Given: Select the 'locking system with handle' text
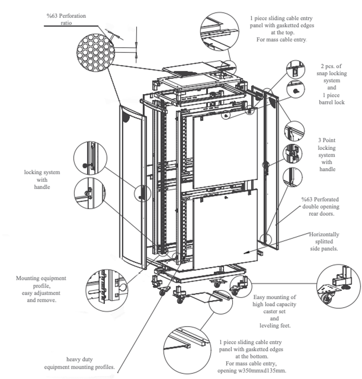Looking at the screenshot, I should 42,179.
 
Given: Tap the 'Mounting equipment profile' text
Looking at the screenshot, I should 41,289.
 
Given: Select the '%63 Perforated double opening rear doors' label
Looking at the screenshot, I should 320,206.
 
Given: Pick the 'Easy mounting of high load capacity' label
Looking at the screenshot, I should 275,301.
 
